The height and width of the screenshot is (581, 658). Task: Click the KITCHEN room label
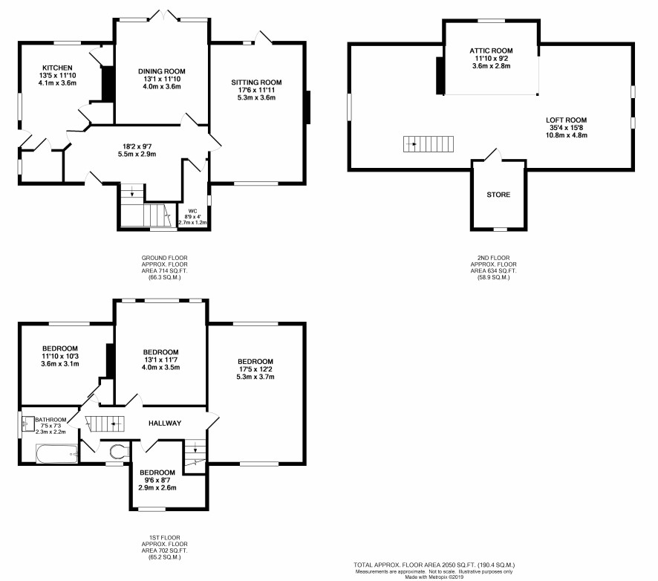57,68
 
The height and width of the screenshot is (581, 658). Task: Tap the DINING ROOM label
162,71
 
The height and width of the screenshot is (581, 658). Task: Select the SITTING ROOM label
256,82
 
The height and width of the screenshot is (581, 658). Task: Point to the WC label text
192,211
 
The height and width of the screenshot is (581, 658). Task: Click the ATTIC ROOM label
491,51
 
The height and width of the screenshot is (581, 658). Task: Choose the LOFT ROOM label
566,120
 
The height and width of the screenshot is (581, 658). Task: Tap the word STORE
498,195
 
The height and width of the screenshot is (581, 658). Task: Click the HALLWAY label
165,423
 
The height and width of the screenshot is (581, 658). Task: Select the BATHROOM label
51,420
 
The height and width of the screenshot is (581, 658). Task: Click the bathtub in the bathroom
57,454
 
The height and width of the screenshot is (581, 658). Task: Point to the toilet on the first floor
119,452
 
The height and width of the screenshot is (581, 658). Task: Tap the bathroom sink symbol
28,423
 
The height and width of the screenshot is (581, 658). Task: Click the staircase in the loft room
429,144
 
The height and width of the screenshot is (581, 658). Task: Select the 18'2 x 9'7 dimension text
137,146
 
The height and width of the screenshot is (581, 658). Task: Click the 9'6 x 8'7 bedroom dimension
157,480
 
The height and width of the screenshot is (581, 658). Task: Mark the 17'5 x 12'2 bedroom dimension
255,369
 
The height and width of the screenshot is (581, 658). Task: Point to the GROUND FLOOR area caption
165,258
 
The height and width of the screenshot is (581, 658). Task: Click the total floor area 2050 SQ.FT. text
434,565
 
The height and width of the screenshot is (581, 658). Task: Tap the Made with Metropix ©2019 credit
434,577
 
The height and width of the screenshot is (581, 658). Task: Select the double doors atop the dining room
164,15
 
